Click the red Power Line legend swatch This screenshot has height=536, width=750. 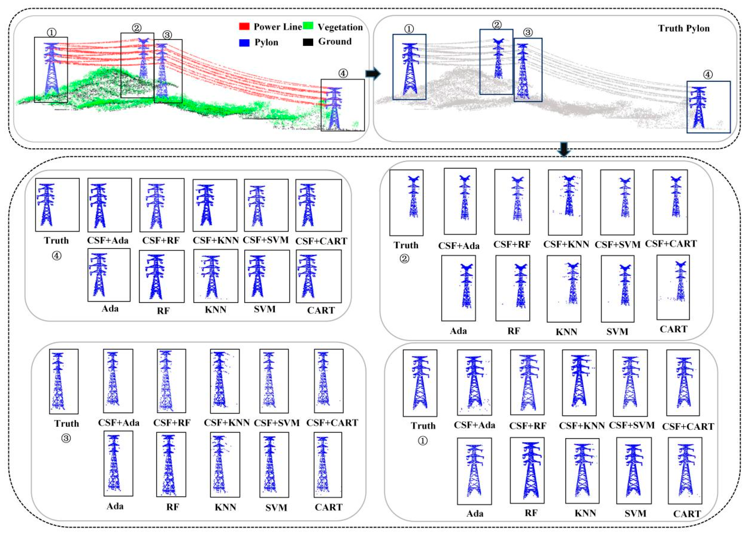tap(244, 26)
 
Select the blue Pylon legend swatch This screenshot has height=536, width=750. tap(244, 42)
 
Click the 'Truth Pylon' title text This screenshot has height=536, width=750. tap(684, 28)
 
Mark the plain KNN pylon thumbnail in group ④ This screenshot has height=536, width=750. tap(211, 276)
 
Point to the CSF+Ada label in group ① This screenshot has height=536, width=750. tap(474, 425)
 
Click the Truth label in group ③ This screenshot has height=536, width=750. tap(67, 423)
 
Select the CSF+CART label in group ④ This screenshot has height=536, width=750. tap(321, 241)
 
